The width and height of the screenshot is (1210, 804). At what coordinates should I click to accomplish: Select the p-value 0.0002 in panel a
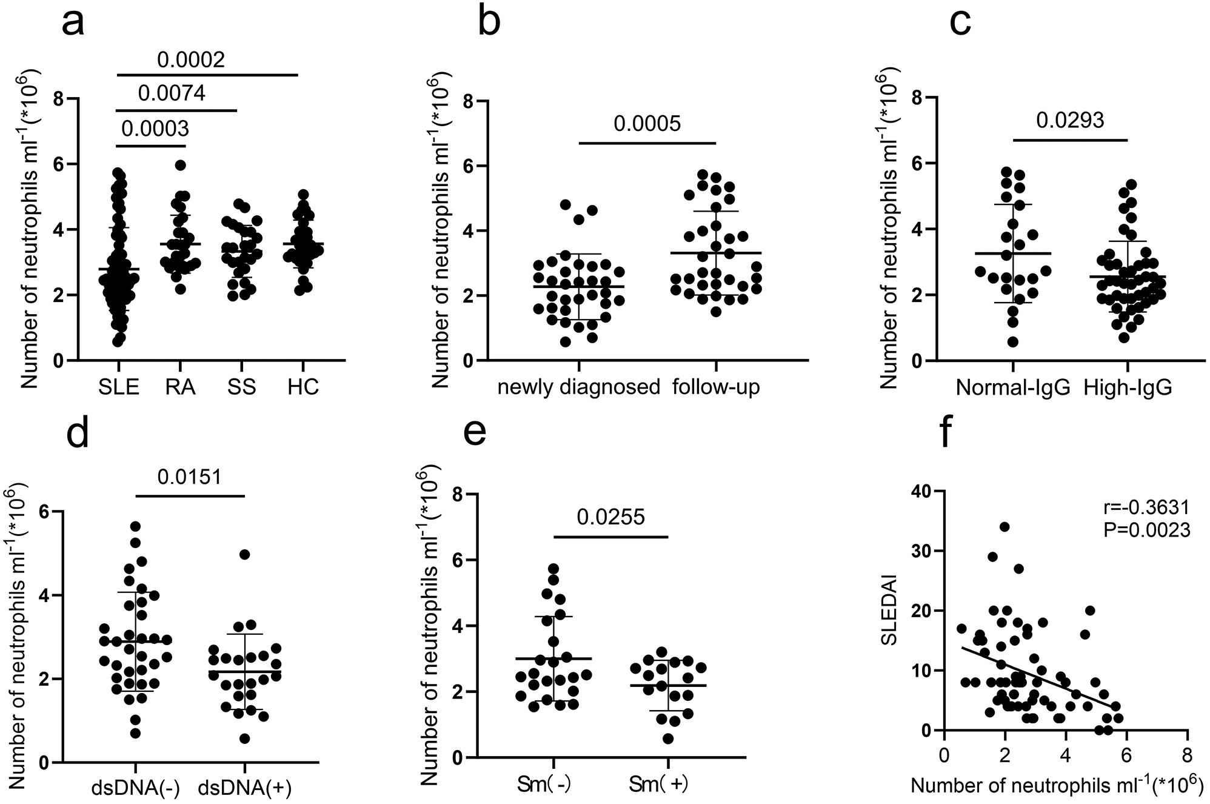tap(191, 59)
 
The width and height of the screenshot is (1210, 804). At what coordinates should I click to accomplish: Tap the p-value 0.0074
tap(172, 93)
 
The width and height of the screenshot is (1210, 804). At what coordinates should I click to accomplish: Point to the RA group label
tap(180, 387)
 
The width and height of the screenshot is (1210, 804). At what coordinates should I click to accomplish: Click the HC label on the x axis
tap(303, 387)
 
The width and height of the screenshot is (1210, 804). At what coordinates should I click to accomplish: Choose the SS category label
tap(241, 387)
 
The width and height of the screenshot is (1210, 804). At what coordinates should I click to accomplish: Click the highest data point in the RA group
tap(180, 165)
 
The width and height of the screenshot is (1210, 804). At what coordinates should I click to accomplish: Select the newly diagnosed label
tap(579, 387)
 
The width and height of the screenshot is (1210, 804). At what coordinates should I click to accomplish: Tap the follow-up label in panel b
tap(716, 387)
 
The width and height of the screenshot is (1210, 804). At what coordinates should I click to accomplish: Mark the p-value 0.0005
tap(647, 124)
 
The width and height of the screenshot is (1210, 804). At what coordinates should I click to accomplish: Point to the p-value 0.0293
tap(1070, 120)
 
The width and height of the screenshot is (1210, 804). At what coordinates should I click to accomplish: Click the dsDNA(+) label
tap(245, 787)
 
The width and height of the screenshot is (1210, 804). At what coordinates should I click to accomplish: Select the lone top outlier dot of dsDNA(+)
tap(245, 554)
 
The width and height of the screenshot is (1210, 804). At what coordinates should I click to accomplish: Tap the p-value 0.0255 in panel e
tap(610, 517)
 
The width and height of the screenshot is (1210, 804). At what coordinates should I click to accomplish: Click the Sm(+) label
tap(667, 785)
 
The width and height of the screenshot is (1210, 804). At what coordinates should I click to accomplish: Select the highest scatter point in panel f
tap(1004, 527)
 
